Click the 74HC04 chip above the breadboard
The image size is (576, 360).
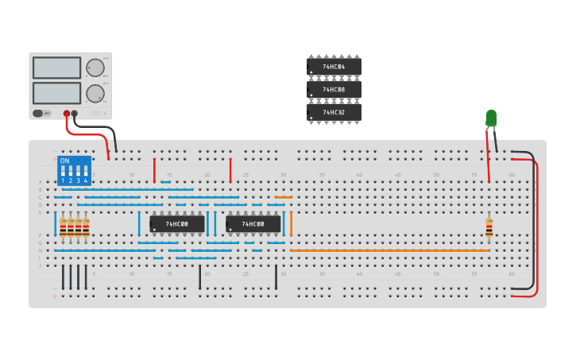pyautogui.click(x=334, y=67)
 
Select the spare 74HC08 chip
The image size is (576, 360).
pyautogui.click(x=334, y=90)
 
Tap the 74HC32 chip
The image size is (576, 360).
pyautogui.click(x=334, y=113)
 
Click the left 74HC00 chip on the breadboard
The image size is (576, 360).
pyautogui.click(x=176, y=225)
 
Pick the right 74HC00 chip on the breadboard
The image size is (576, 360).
pyautogui.click(x=253, y=225)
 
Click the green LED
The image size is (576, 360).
pyautogui.click(x=491, y=119)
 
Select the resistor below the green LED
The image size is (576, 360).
pyautogui.click(x=489, y=228)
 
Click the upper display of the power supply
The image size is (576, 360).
pyautogui.click(x=56, y=68)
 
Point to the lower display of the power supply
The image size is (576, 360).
pyautogui.click(x=56, y=92)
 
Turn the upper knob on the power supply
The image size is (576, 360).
pyautogui.click(x=95, y=68)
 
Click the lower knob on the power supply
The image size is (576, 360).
pyautogui.click(x=95, y=93)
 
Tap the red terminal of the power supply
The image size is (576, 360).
pyautogui.click(x=67, y=114)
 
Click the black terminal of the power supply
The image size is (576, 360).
pyautogui.click(x=75, y=114)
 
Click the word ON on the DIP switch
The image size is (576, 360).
pyautogui.click(x=64, y=161)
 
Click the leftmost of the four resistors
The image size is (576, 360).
pyautogui.click(x=63, y=228)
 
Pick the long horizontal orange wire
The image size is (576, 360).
pyautogui.click(x=389, y=250)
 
